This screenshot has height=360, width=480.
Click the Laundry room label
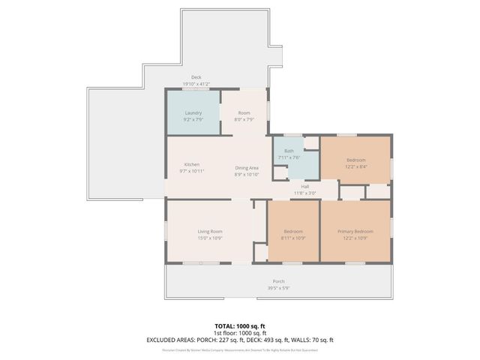tap(193, 113)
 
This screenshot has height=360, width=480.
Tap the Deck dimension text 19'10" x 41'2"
tap(196, 83)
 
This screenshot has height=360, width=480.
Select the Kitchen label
tap(192, 165)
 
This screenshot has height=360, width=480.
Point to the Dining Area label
tap(247, 168)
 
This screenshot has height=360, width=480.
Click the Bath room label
tap(289, 151)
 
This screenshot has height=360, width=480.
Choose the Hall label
tap(305, 186)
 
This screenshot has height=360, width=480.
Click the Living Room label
tap(210, 232)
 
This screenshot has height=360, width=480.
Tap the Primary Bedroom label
tap(355, 232)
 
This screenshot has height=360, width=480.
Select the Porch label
tap(278, 281)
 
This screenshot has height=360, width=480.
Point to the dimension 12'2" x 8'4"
tap(355, 166)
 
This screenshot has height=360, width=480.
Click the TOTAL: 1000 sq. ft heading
tap(239, 326)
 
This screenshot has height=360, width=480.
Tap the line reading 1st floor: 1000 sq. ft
tap(239, 333)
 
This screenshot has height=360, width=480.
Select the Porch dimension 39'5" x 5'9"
tap(278, 287)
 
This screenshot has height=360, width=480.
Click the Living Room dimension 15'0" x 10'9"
tap(210, 238)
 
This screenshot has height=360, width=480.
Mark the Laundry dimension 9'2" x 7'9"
tap(193, 119)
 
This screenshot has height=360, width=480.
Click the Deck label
tap(196, 77)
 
